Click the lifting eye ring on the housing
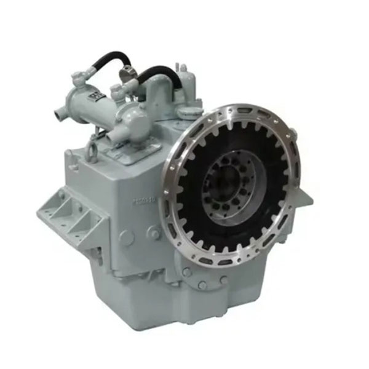coord(92,150)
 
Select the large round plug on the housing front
coord(126,237)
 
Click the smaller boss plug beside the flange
coord(154,232)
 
